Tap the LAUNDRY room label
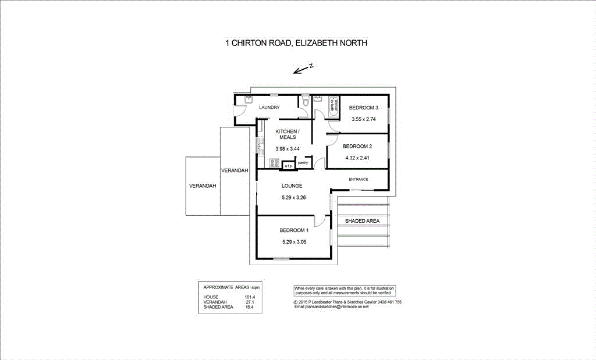pyautogui.click(x=269, y=108)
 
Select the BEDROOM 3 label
pyautogui.click(x=364, y=108)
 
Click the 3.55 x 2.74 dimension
pyautogui.click(x=364, y=119)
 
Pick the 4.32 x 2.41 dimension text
pyautogui.click(x=357, y=157)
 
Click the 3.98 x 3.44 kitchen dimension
pyautogui.click(x=287, y=149)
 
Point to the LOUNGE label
pyautogui.click(x=292, y=186)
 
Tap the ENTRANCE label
pyautogui.click(x=358, y=179)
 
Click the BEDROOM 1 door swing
pyautogui.click(x=320, y=221)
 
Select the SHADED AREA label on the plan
pyautogui.click(x=362, y=222)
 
